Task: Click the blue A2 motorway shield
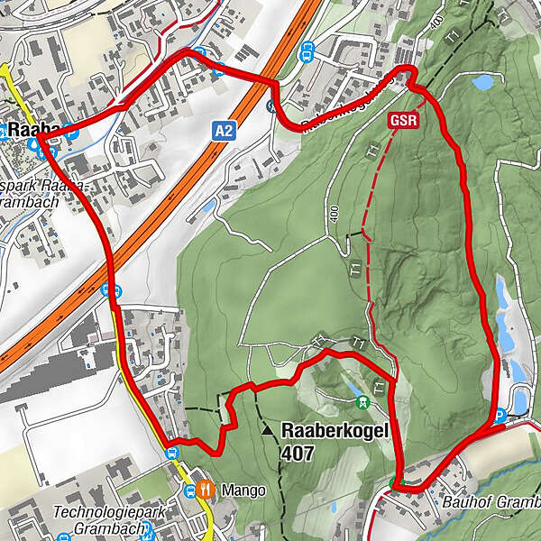tap(225, 132)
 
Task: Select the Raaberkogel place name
tap(335, 431)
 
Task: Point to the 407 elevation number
tap(298, 454)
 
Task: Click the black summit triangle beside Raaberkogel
tap(268, 432)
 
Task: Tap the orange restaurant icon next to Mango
tap(208, 490)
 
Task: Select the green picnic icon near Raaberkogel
tap(362, 399)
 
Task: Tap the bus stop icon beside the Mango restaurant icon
tap(190, 491)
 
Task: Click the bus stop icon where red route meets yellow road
tap(171, 450)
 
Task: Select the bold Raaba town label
tap(32, 130)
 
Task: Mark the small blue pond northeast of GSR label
tap(483, 83)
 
